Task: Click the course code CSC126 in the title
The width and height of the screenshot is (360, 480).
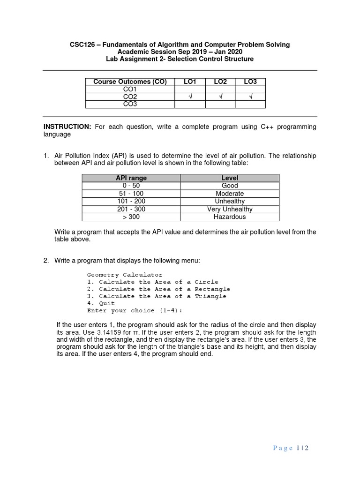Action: (x=82, y=45)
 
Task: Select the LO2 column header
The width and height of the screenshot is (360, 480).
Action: (x=220, y=82)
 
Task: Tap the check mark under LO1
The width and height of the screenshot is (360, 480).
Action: (x=190, y=97)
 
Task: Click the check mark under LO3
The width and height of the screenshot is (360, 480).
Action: (x=250, y=97)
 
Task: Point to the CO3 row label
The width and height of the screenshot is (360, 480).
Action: (x=130, y=104)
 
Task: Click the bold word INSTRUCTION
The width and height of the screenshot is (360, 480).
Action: (x=67, y=127)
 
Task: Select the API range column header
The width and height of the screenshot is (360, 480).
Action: (x=131, y=178)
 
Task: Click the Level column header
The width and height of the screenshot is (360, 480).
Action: (x=230, y=178)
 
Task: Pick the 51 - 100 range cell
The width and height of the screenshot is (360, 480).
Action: (x=131, y=194)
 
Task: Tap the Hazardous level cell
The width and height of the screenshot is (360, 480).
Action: (x=230, y=217)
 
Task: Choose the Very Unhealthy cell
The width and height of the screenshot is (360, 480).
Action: (x=230, y=209)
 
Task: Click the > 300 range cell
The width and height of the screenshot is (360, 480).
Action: (x=131, y=217)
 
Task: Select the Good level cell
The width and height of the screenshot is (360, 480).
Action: (x=230, y=186)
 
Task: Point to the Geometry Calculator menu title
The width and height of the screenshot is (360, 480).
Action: (x=125, y=275)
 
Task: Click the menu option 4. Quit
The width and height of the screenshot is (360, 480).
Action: (x=101, y=303)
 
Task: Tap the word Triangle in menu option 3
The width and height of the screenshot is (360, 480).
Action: (x=210, y=296)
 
